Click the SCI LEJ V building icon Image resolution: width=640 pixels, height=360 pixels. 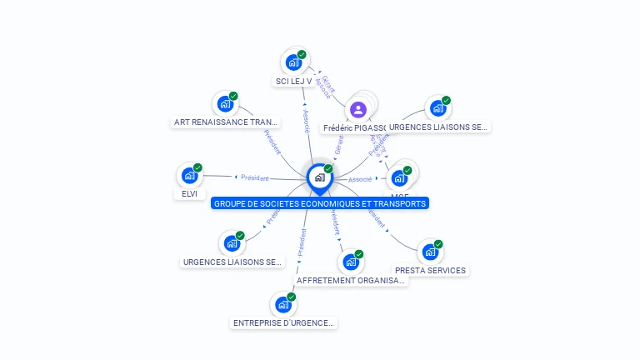tap(293, 62)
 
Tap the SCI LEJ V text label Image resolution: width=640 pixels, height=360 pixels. tap(293, 82)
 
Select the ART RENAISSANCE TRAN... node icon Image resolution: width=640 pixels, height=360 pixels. tap(224, 103)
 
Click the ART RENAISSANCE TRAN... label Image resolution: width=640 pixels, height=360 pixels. tap(225, 122)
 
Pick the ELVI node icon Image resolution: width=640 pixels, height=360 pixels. tap(189, 175)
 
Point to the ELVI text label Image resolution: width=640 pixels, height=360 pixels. tap(189, 194)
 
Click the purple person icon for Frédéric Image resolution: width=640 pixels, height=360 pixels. tap(357, 109)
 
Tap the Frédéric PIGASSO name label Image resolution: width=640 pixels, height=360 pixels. tap(354, 128)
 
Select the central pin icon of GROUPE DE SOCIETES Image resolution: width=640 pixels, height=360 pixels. tap(319, 177)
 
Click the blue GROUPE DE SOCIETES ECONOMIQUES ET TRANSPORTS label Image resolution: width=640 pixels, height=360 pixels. tap(319, 203)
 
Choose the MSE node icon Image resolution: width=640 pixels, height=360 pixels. tap(399, 177)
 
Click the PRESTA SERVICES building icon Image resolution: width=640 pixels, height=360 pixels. tap(430, 251)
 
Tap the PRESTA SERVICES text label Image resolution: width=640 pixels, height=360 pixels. tap(430, 270)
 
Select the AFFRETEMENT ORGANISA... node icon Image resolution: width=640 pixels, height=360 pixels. tap(351, 262)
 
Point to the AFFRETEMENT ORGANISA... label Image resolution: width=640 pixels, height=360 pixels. tap(351, 281)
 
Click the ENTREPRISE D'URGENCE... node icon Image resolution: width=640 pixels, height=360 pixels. tap(282, 304)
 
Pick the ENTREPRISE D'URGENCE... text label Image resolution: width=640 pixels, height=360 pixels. tap(283, 323)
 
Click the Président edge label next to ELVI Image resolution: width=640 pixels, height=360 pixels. tap(254, 177)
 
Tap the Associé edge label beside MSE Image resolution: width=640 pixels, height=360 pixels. tap(360, 179)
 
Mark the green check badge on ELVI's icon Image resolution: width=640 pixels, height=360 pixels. tap(197, 167)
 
